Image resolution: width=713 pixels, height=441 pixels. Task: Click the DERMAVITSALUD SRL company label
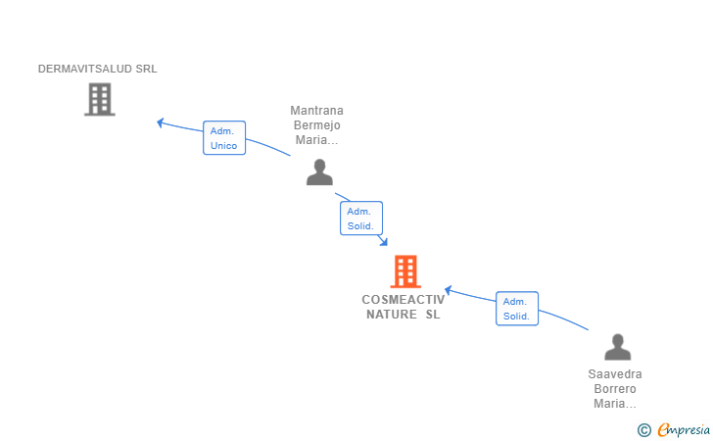97,69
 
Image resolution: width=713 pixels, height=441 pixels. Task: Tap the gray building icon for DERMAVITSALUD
100,99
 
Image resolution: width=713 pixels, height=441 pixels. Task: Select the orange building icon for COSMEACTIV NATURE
405,271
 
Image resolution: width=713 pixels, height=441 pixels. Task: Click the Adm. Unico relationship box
224,138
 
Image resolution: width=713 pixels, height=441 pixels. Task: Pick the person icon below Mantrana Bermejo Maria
319,172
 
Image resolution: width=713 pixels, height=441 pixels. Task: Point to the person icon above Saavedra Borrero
617,347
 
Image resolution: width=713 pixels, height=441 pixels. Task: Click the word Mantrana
317,111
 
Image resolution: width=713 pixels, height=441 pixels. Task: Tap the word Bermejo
317,125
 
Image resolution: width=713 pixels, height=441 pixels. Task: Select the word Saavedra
615,374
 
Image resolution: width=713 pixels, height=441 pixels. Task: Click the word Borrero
615,389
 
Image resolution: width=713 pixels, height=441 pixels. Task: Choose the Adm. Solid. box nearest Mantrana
361,219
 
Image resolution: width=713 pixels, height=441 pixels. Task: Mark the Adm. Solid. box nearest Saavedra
517,309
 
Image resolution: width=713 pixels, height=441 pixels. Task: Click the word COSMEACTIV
404,300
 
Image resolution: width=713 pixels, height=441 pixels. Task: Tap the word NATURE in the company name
392,315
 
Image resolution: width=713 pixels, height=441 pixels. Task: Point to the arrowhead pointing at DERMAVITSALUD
160,122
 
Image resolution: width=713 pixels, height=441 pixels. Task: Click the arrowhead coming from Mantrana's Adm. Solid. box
384,242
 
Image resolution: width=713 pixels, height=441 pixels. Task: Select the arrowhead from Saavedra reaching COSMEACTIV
448,290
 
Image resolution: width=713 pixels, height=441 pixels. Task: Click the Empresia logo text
684,429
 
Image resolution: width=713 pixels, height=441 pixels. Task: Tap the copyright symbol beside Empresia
643,430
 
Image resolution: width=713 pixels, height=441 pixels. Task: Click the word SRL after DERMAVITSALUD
147,69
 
